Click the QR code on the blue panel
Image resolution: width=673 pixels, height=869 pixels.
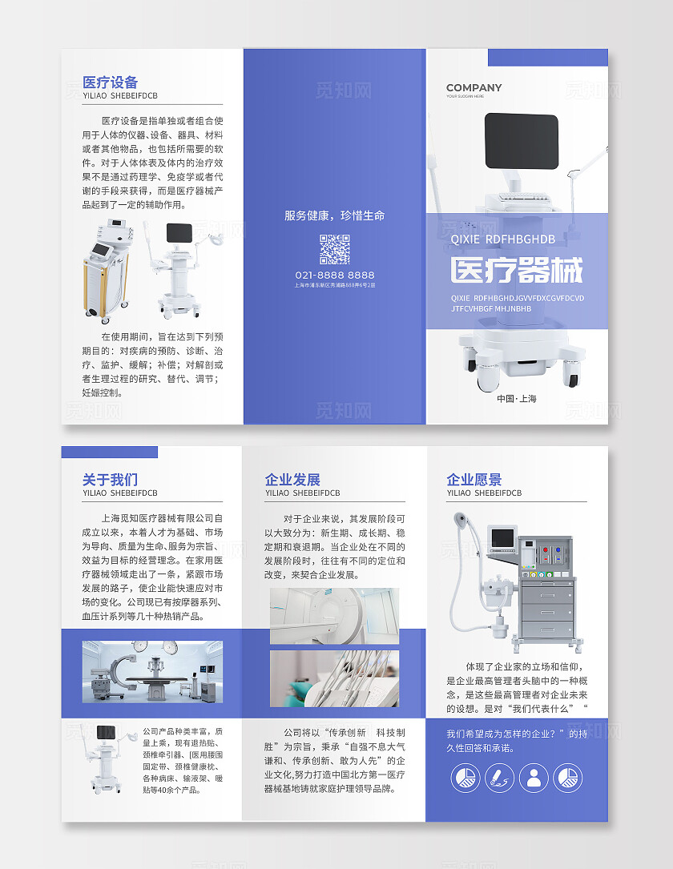click(x=335, y=249)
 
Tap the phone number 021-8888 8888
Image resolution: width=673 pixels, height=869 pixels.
click(x=335, y=275)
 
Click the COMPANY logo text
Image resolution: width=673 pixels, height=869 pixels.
click(x=474, y=88)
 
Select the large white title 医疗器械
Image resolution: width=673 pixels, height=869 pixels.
click(x=516, y=271)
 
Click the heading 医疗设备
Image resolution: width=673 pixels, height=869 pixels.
click(x=111, y=82)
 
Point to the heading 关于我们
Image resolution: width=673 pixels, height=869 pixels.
click(x=111, y=480)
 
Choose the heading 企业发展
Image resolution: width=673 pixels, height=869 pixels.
click(x=292, y=480)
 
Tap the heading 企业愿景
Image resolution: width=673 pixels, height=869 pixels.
click(x=474, y=480)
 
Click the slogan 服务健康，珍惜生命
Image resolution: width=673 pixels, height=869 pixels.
click(x=335, y=215)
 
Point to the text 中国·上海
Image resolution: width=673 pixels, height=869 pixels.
click(x=517, y=398)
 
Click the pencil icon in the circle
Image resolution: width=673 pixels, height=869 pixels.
click(x=498, y=777)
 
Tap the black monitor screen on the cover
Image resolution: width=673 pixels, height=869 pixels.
click(x=522, y=140)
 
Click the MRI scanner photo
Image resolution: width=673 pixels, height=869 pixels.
click(x=334, y=615)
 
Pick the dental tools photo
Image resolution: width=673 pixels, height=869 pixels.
click(x=334, y=678)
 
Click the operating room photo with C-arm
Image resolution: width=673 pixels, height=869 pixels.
click(x=152, y=670)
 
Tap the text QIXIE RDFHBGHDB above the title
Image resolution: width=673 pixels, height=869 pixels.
click(x=503, y=239)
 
